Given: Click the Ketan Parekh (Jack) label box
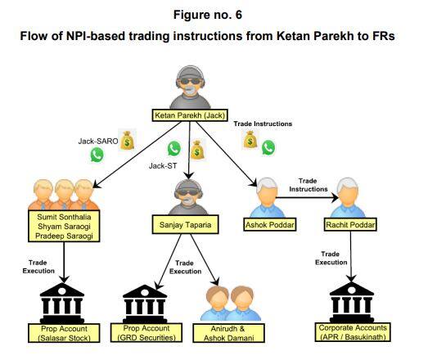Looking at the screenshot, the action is coord(190,115).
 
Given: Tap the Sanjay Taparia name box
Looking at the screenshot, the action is coord(186,225).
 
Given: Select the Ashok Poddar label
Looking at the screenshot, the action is coord(270,225).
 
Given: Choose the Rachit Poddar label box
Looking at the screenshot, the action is coord(350,225).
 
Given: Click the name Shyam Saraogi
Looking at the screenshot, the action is coord(64,227).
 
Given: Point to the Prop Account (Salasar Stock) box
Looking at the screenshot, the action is coord(64,333).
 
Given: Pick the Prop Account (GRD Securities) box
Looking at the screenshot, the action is coord(146,333).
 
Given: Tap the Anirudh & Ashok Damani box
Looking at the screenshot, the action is coord(228,333).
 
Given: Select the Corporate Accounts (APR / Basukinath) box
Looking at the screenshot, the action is coord(353,332).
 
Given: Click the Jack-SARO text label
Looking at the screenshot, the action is coord(98,141).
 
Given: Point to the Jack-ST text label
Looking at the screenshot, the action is coord(163,165).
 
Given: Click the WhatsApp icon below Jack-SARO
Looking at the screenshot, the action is coord(97,155).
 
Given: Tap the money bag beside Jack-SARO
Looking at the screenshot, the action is coord(127,140).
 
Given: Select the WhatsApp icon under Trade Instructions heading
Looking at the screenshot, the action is coord(268,147).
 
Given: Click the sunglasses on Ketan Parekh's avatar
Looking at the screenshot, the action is coord(191,81).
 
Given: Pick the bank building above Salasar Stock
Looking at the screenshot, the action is coord(62,302).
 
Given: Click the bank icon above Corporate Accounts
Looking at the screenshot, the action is coord(352,302).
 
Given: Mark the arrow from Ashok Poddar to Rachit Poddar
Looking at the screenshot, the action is coord(307,198).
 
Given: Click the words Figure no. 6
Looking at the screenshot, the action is coord(208,15).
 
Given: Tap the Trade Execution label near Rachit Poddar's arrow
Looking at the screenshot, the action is coord(331,258).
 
